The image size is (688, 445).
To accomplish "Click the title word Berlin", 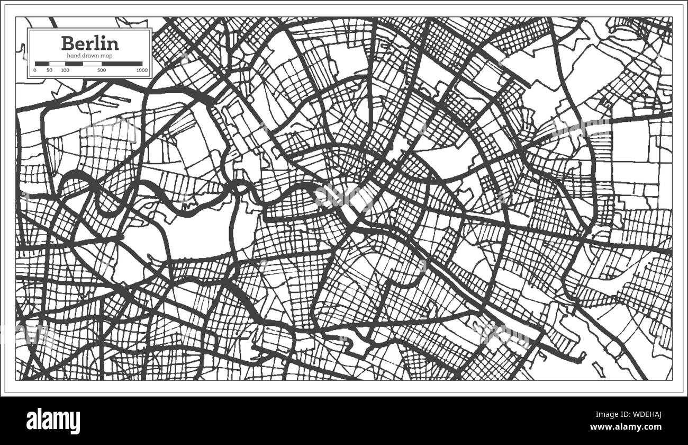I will click(x=90, y=43).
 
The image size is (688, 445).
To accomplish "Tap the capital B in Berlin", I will click(x=68, y=43).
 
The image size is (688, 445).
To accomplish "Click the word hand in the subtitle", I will click(x=73, y=56).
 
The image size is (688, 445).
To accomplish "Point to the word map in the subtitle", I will click(x=106, y=56).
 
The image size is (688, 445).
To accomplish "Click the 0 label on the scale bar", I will click(x=35, y=70).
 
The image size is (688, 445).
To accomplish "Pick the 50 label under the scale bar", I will click(x=49, y=70).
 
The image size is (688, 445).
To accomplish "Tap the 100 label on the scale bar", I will click(x=65, y=70).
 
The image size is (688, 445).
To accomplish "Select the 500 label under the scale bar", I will click(x=102, y=70).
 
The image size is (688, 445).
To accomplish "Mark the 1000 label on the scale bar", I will click(x=141, y=70).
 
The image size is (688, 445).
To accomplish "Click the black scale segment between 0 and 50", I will click(x=42, y=64).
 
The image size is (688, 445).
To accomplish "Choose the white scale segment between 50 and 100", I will click(x=57, y=64).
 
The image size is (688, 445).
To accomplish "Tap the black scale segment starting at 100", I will click(x=74, y=64).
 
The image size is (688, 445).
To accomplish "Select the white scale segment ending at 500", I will click(x=92, y=64).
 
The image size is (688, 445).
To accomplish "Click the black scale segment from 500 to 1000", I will click(x=122, y=64).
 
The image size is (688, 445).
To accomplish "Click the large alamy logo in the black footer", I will click(x=53, y=421).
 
